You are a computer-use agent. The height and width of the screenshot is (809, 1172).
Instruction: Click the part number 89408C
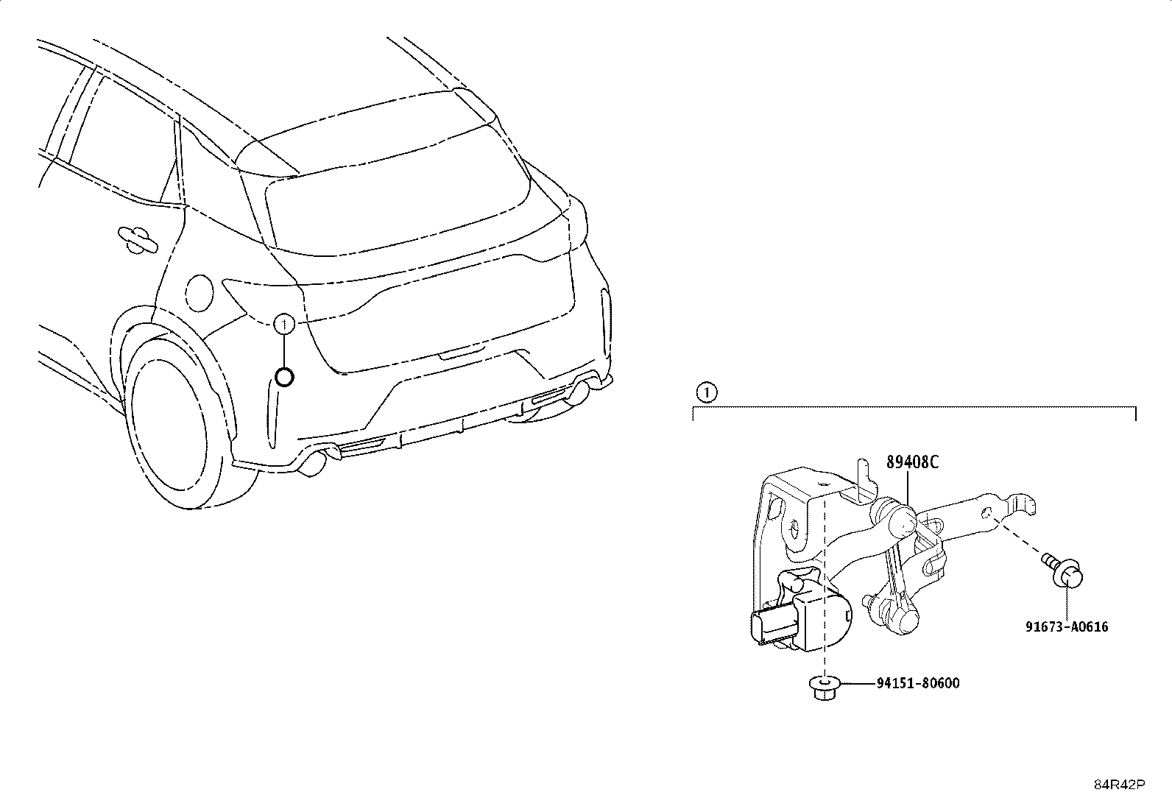point(912,462)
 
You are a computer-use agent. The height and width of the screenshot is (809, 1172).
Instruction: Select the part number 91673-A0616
point(1067,626)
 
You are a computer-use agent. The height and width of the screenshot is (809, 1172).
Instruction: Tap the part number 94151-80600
point(918,683)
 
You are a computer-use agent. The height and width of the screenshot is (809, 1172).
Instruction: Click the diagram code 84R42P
point(1120,785)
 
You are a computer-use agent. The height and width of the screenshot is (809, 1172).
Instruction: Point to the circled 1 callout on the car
point(284,324)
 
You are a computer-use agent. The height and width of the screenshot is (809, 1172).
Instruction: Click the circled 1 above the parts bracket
point(707,392)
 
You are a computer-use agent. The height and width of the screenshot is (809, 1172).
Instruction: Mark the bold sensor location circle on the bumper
point(284,378)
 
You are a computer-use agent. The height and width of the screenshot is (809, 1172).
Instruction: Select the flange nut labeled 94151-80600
point(824,688)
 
